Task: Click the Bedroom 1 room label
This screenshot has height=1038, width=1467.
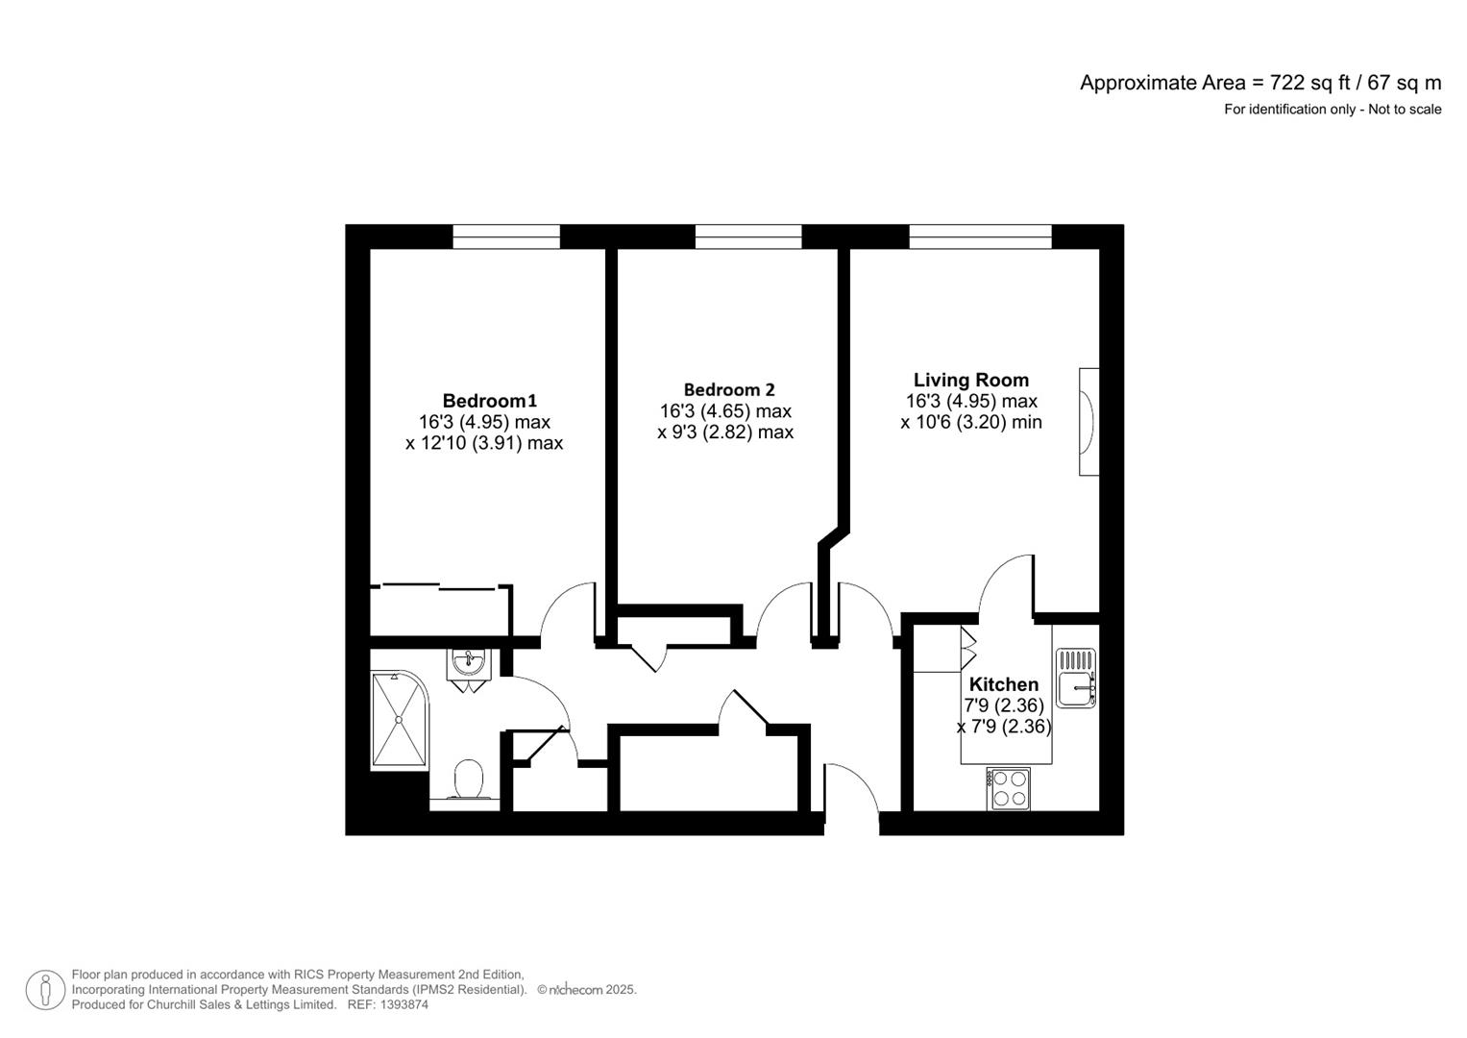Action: point(489,401)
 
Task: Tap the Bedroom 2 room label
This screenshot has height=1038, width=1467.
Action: point(729,390)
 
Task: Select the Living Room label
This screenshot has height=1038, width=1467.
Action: point(971,380)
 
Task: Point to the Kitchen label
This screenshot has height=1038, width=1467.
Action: point(1003,684)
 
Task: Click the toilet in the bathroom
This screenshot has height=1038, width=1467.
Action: point(468,779)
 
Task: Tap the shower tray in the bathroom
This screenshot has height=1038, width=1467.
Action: point(399,719)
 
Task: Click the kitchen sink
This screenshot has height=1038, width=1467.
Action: point(1075,678)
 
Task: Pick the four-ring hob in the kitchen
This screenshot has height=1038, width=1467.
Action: point(1008,790)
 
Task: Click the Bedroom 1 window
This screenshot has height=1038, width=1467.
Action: point(506,236)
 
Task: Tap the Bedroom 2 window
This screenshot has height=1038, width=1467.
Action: point(747,236)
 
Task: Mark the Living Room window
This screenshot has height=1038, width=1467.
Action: point(980,236)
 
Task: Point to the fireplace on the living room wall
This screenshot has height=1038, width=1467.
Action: point(1088,421)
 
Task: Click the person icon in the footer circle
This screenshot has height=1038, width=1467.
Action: point(45,990)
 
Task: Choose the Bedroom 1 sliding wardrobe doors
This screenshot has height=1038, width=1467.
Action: point(440,587)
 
